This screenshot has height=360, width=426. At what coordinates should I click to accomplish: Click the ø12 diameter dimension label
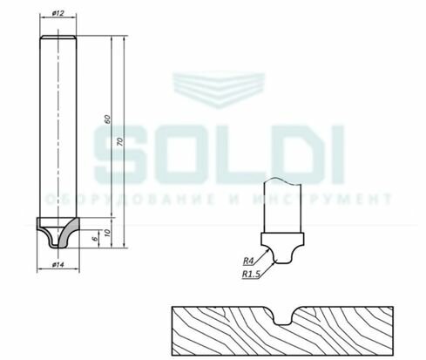pos(57,13)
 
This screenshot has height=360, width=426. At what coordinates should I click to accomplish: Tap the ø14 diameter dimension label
pos(57,264)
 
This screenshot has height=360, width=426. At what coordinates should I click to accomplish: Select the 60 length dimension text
pos(107,119)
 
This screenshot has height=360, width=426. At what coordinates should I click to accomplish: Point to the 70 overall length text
pos(120,141)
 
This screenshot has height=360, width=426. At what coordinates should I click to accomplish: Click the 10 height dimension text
pos(107,233)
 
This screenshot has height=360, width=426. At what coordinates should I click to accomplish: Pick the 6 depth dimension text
pos(94,239)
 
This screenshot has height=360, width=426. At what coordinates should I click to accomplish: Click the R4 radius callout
pos(248,262)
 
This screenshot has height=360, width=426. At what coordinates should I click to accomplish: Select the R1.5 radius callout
pos(251,274)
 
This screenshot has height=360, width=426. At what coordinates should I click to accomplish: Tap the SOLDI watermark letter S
pos(120,154)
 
